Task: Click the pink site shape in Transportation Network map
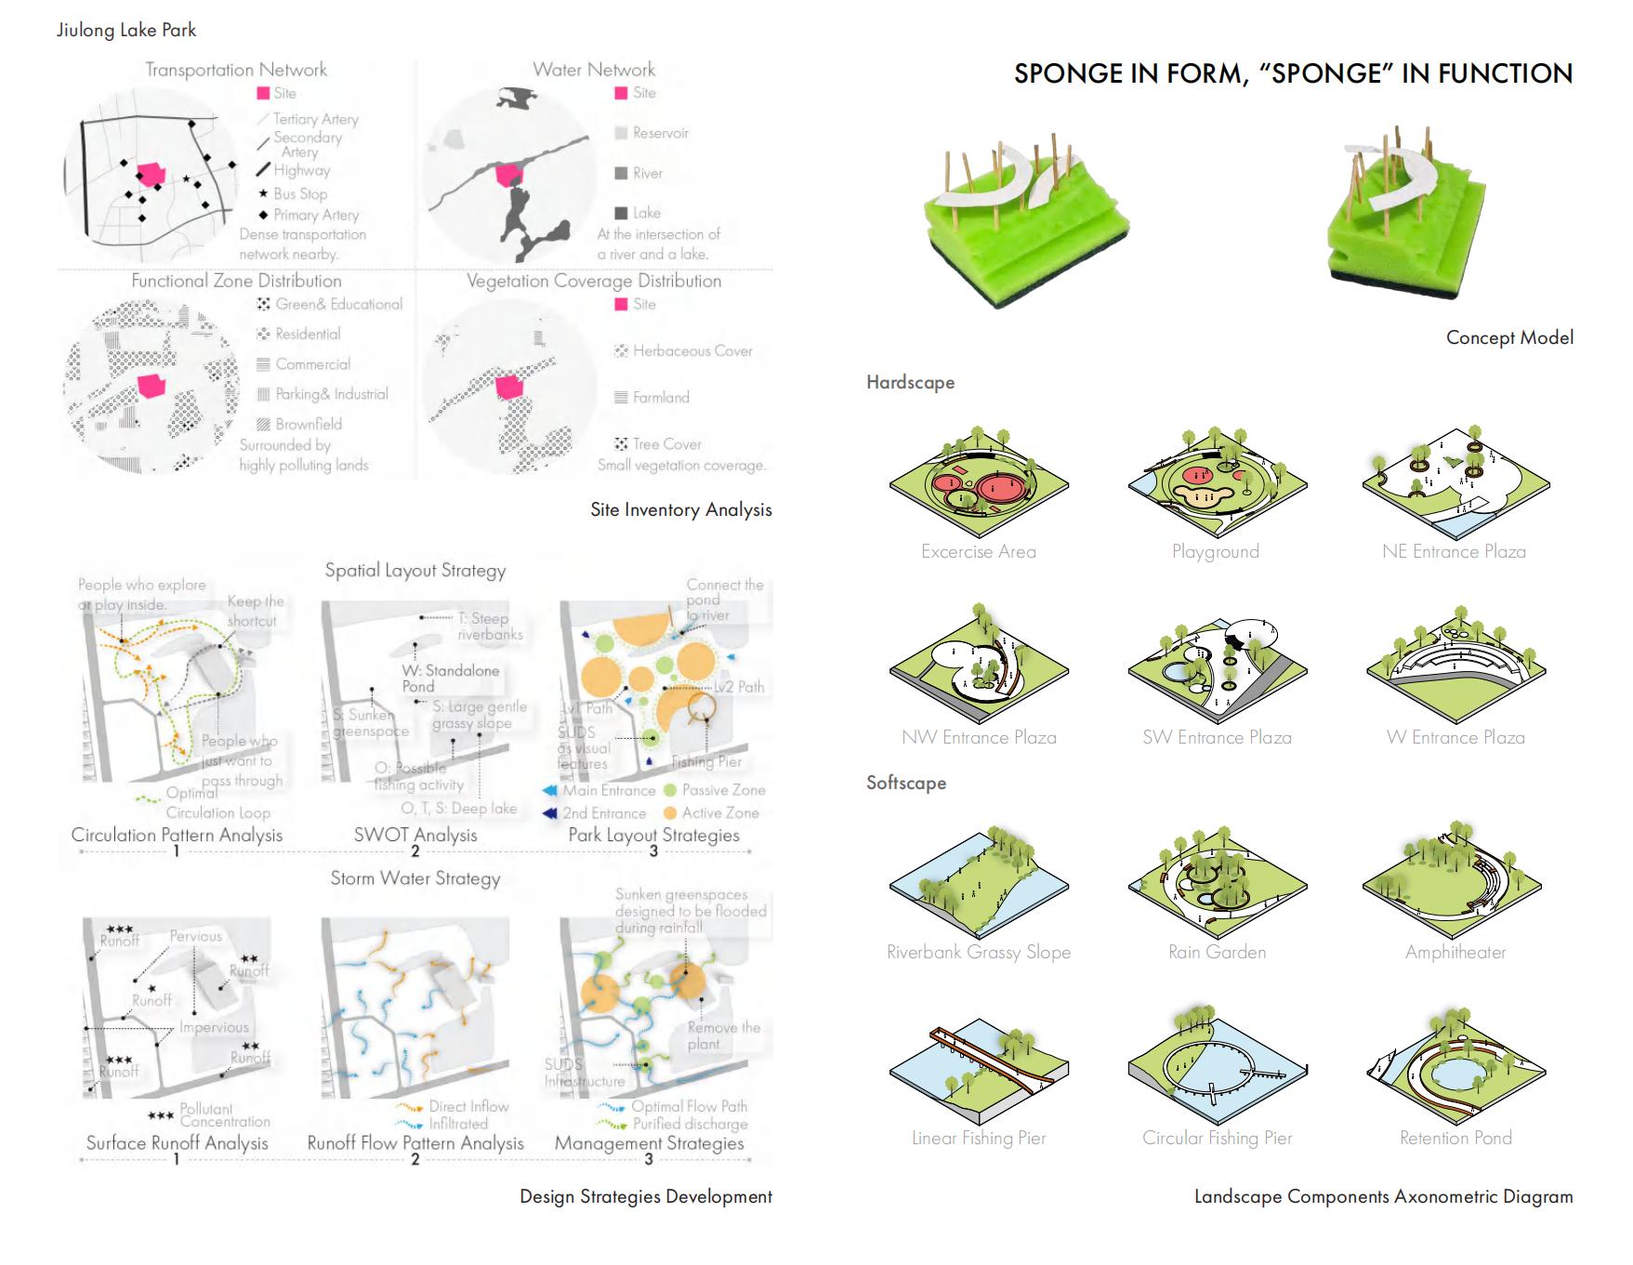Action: [x=151, y=175]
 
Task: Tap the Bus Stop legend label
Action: [x=300, y=193]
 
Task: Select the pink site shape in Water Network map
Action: [x=508, y=175]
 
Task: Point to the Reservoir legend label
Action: [x=660, y=133]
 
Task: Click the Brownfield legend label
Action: [x=309, y=424]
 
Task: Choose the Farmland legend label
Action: [x=661, y=397]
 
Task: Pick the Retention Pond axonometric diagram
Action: [x=1455, y=1069]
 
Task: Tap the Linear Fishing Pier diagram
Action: [x=979, y=1069]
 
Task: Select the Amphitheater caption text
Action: [x=1455, y=952]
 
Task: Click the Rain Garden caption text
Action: [x=1217, y=952]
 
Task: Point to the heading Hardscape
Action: [x=910, y=382]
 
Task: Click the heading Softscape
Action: [x=906, y=783]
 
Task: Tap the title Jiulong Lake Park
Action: [x=126, y=30]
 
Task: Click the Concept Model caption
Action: [x=1509, y=337]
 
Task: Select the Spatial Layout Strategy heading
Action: [x=415, y=571]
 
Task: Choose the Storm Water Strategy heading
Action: [x=415, y=878]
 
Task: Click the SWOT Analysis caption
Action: [x=415, y=835]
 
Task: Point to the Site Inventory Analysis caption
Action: [x=681, y=509]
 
